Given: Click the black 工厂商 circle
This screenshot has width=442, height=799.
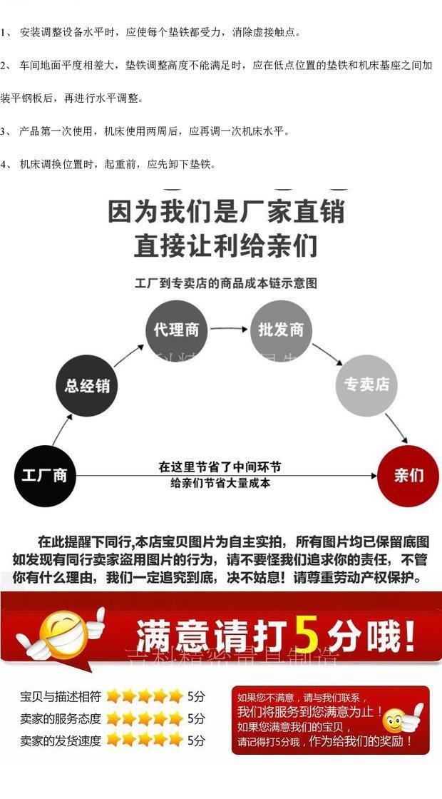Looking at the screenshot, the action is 44,475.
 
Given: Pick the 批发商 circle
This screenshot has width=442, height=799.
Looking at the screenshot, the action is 281,330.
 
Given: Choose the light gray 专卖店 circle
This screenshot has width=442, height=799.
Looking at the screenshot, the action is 366,385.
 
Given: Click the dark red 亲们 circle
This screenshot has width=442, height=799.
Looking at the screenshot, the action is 408,475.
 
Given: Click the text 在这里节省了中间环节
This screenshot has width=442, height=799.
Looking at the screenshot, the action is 220,467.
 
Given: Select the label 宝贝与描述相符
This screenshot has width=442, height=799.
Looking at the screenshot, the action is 61,696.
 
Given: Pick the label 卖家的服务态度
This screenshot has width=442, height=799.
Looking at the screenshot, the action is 61,718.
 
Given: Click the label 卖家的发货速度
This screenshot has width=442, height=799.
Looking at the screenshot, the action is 61,741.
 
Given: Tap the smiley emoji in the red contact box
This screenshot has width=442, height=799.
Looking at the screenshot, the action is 396,722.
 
